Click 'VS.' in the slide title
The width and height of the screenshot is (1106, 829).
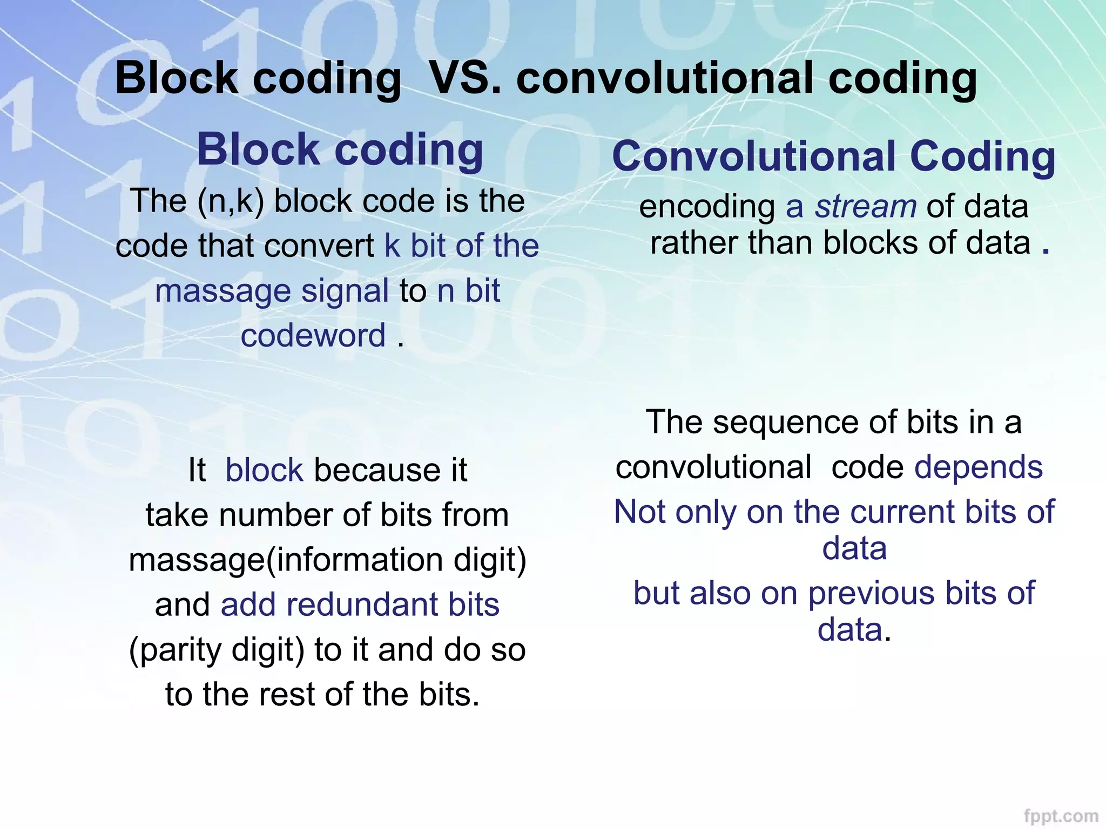tap(464, 78)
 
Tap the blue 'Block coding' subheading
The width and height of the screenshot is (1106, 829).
tap(340, 150)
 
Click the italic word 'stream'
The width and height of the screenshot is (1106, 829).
tap(865, 206)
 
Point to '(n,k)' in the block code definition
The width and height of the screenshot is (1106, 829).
tap(231, 201)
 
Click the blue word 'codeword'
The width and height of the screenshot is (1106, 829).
tap(313, 336)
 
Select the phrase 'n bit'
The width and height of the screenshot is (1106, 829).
tap(468, 291)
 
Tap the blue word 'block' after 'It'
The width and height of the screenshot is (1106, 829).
tap(264, 470)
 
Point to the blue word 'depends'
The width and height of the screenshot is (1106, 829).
tap(978, 467)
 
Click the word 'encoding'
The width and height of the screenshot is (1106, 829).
tap(707, 206)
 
